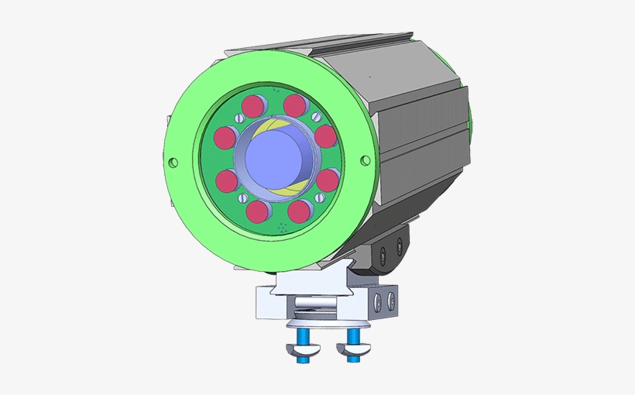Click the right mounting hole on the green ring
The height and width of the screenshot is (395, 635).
[x=366, y=160]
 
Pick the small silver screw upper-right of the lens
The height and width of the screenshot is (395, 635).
[x=315, y=116]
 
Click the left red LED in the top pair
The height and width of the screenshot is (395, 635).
[x=254, y=105]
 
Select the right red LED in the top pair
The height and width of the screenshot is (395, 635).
[x=294, y=105]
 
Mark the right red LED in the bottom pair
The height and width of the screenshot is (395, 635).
[x=298, y=211]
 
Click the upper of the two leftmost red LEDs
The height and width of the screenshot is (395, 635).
[x=225, y=138]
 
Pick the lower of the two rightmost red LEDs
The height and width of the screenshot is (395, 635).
[x=328, y=180]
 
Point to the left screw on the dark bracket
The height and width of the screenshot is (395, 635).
[x=384, y=250]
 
